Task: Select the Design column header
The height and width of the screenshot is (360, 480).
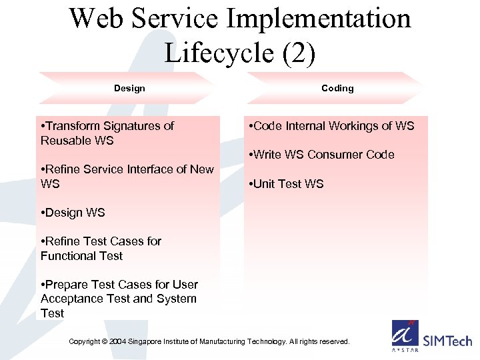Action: coord(129,88)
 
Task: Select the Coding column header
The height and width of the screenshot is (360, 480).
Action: coord(337,88)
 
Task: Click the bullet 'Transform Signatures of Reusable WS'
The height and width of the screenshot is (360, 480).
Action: coord(107,133)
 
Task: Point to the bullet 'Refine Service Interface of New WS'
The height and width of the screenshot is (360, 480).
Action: coord(127,177)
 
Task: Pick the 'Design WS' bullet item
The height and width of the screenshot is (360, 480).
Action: coord(73,213)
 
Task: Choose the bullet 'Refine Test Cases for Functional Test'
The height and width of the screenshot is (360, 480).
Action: coord(101,249)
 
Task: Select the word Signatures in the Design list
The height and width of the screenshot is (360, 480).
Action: coord(132,126)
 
